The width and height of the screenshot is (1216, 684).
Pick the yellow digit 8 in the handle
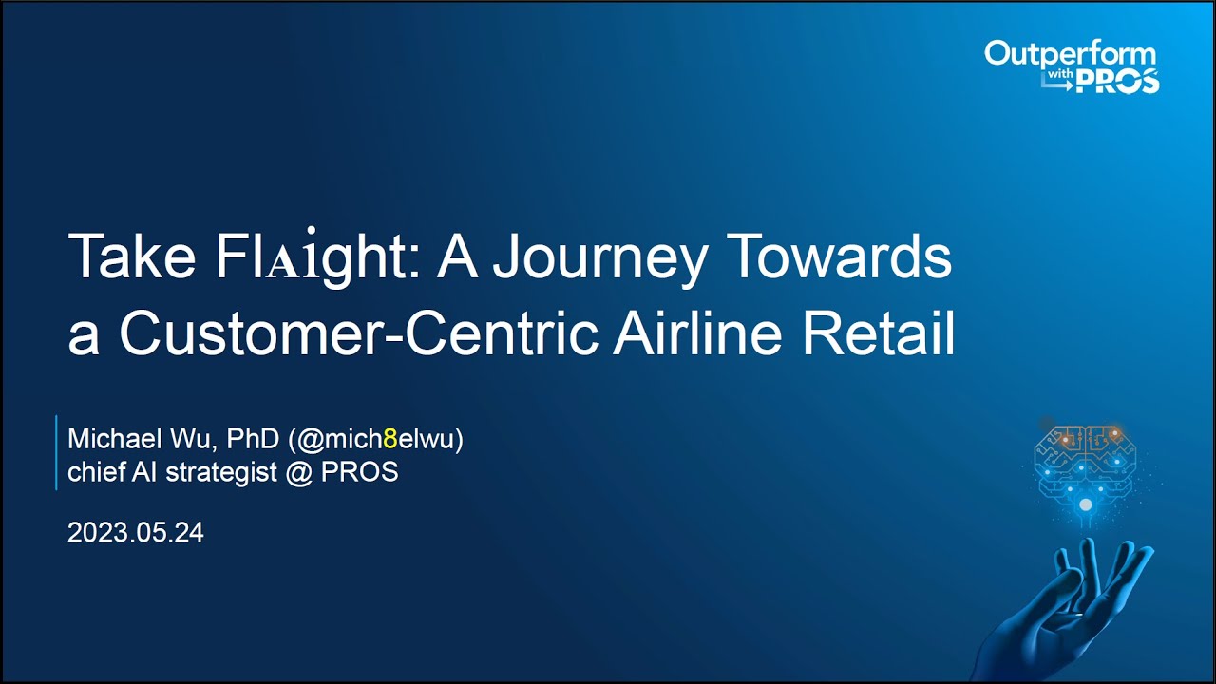389,441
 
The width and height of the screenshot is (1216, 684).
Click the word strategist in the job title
221,472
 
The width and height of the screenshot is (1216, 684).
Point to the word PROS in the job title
359,472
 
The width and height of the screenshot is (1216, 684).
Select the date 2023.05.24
136,533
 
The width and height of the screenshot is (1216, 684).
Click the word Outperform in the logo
1070,53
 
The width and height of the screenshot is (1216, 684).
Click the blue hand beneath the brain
1073,608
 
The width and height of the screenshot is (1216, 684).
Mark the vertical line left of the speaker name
56,452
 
